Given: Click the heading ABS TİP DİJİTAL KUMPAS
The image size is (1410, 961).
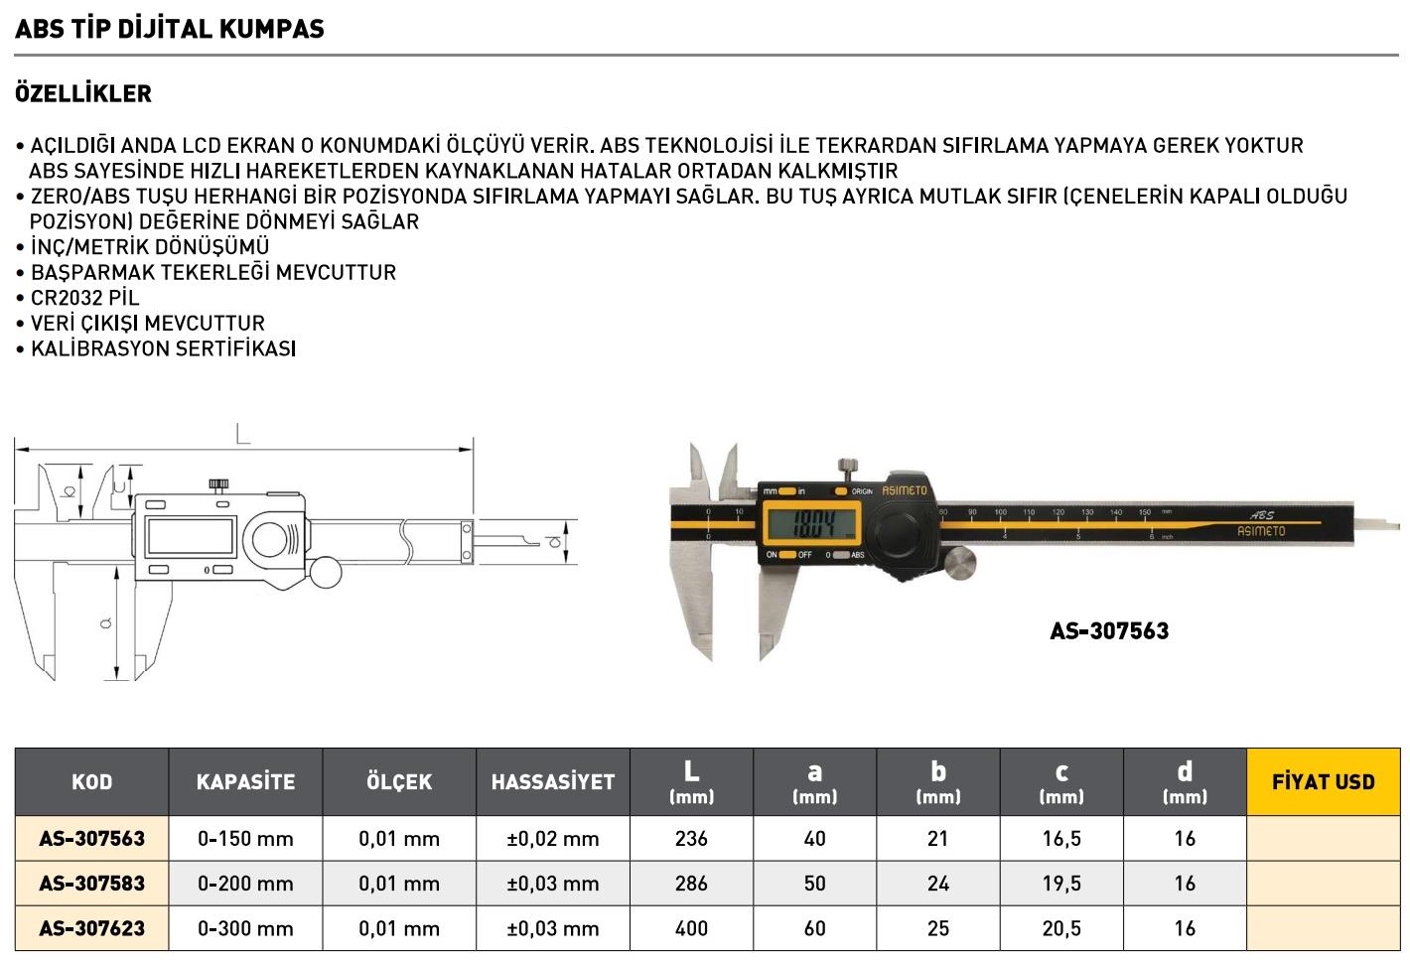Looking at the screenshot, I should pos(170,29).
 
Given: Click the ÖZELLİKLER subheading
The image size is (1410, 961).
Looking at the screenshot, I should pos(83,94).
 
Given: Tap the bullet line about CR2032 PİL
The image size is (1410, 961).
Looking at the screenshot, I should pos(84,298).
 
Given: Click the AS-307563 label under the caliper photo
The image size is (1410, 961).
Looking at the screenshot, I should pos(1109,631).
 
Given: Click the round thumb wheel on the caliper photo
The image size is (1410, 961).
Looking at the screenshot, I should pos(958,564).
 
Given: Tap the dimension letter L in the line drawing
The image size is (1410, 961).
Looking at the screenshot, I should pos(242,433).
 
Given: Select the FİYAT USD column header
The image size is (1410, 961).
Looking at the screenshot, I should pos(1323,782).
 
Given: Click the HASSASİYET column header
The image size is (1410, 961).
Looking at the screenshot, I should pos(553,782).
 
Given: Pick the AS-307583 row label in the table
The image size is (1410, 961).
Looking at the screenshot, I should pos(92,884).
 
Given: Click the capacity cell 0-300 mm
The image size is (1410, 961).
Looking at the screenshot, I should pos(245,929).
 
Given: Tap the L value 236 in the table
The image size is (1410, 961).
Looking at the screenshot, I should pos(691,839).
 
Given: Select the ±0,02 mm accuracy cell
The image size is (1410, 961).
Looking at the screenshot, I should pos(553,839).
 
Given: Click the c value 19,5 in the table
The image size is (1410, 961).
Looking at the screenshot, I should pos(1061,884).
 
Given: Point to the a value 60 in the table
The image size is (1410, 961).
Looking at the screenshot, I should pos(814,929).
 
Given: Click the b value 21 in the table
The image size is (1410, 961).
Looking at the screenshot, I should pos(937,839).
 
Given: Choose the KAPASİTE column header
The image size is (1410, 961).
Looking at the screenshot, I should pos(245,782).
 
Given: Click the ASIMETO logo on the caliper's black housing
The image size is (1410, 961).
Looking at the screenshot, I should pos(904,490).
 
